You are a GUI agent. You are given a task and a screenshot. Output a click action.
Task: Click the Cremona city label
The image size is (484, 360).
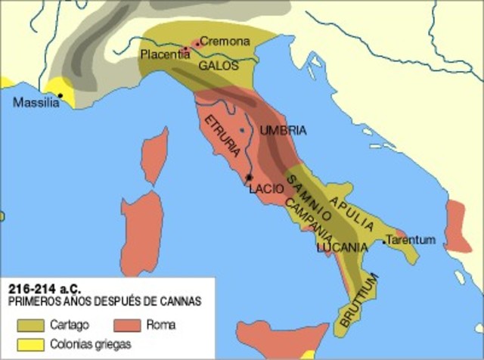pyautogui.click(x=225, y=42)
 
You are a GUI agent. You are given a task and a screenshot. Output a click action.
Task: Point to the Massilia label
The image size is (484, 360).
pyautogui.click(x=36, y=104)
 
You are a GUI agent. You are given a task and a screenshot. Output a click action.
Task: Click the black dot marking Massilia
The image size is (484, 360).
pyautogui.click(x=60, y=95)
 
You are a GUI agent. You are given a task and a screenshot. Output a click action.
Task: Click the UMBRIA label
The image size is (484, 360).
pyautogui.click(x=283, y=131)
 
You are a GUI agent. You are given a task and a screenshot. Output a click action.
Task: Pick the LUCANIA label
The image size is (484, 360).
pyautogui.click(x=343, y=247)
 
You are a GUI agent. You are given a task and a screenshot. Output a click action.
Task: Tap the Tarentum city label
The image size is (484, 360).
pyautogui.click(x=411, y=240)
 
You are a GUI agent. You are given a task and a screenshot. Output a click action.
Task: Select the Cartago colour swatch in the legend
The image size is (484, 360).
pyautogui.click(x=31, y=326)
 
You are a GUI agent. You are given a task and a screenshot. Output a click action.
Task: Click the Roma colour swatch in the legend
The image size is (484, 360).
pyautogui.click(x=129, y=326)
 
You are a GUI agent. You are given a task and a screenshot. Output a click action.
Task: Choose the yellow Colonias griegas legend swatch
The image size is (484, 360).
pyautogui.click(x=31, y=345)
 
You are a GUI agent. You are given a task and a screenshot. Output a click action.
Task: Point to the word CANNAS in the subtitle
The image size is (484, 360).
pyautogui.click(x=181, y=301)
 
